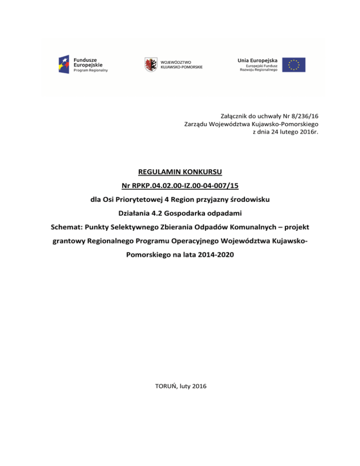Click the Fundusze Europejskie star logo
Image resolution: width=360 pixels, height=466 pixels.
pos(65,64)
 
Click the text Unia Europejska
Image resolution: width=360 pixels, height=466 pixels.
pos(257,60)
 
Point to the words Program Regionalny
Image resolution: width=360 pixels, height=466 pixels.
pos(91,70)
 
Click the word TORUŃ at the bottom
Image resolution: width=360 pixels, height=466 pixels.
pos(165,386)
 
